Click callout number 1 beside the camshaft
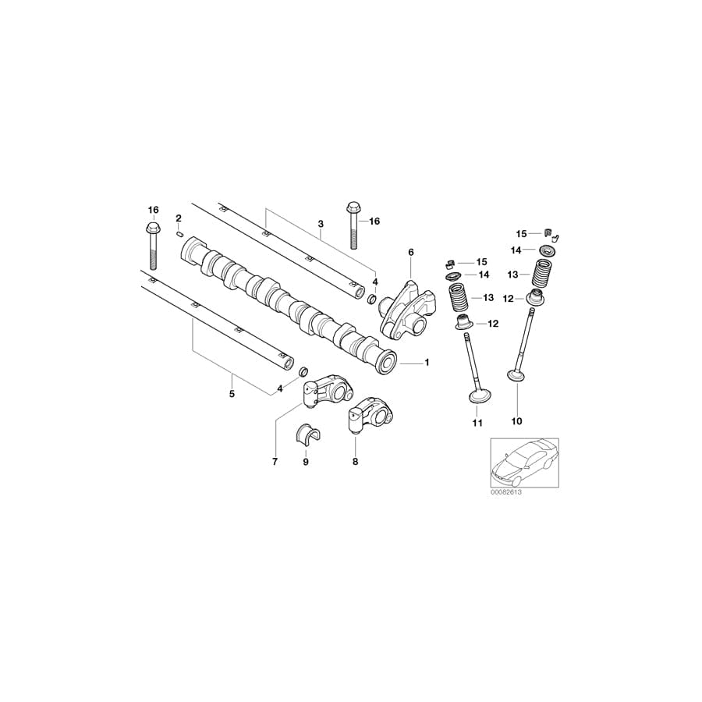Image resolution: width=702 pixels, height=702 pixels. [426, 363]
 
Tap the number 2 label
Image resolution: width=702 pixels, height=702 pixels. [179, 218]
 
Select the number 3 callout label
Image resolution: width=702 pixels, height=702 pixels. [321, 224]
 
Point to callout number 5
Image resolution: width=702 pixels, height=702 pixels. [232, 394]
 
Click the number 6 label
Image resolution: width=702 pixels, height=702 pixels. [410, 252]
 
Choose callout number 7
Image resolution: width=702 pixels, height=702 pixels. [275, 462]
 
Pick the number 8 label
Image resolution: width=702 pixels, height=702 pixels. [355, 462]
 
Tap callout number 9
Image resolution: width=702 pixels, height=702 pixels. [306, 462]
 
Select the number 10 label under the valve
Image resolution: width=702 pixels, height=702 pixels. [516, 422]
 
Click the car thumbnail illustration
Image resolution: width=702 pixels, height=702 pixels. [523, 465]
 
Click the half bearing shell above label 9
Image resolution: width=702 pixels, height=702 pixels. [306, 433]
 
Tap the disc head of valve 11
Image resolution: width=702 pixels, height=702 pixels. [478, 398]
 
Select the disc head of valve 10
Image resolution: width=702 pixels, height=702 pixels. [516, 377]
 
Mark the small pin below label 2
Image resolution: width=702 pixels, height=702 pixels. [179, 232]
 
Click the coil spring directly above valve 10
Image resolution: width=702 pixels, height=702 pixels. [543, 275]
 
